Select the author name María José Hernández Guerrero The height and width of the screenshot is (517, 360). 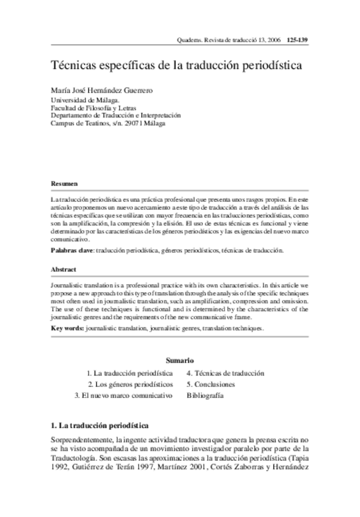(x=101, y=90)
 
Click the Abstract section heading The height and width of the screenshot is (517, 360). (x=63, y=268)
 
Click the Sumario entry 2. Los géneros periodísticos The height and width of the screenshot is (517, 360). (x=131, y=384)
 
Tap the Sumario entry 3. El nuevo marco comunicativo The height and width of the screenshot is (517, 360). (x=124, y=395)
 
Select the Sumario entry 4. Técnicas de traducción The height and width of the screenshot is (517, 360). (x=225, y=373)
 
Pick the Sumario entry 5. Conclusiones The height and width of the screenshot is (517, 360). (x=211, y=384)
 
